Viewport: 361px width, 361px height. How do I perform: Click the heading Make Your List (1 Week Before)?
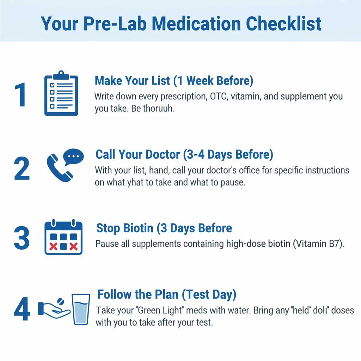174,81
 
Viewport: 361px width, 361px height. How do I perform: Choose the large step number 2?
22,169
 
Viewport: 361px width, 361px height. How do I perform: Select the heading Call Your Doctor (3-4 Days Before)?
184,154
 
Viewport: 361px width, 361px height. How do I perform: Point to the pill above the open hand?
60,302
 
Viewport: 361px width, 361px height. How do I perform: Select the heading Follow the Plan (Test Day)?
167,294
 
